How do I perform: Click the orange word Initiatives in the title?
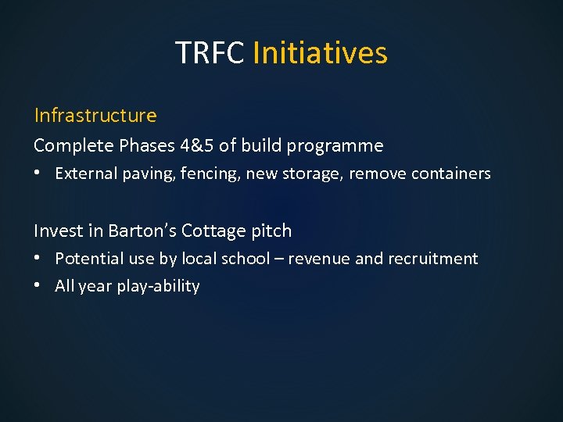[320, 53]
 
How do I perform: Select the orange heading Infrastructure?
[95, 116]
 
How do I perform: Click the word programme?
[342, 146]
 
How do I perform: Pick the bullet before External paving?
[40, 173]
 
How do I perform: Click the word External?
[86, 173]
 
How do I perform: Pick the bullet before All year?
[40, 286]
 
